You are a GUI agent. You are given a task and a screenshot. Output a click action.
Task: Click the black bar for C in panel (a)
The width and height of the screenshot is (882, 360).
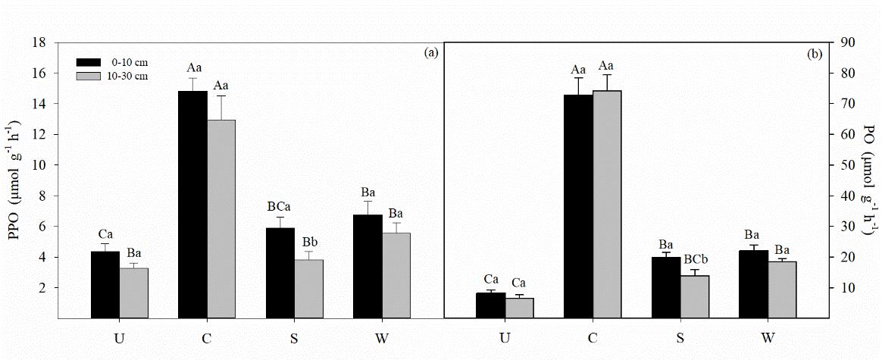tap(192, 205)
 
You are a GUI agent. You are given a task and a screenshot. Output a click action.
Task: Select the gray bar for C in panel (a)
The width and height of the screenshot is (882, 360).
tap(222, 219)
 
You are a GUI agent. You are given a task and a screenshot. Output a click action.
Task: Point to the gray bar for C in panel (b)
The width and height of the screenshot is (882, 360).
tap(607, 205)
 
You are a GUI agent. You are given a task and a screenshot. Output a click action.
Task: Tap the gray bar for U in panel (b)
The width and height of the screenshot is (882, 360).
tap(520, 308)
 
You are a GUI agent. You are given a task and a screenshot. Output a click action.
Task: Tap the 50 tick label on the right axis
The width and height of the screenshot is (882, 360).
tap(840, 165)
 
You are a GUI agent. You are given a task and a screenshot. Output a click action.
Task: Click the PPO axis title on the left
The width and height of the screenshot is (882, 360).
tap(14, 180)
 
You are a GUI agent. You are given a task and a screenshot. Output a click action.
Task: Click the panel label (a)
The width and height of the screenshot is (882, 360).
tap(430, 52)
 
